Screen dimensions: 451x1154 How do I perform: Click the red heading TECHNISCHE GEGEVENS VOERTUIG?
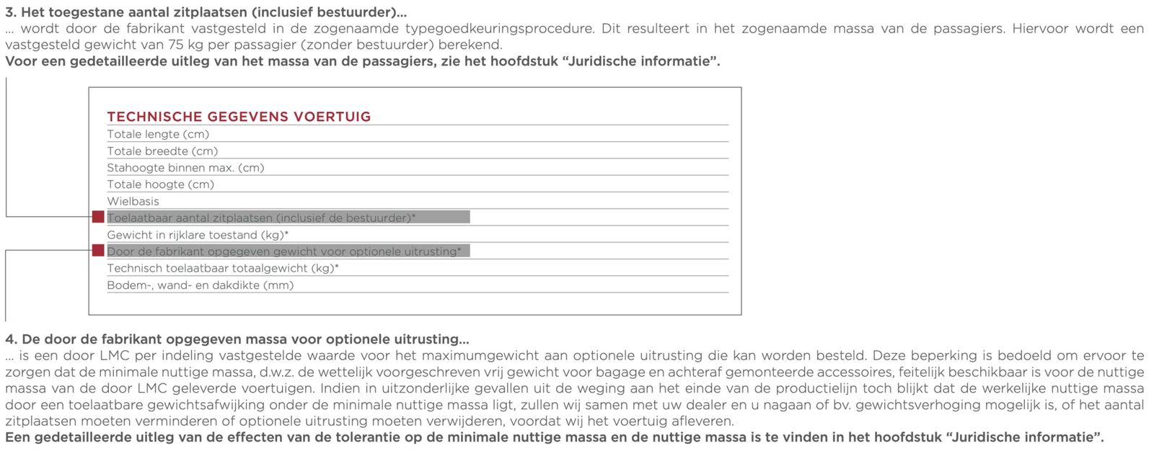pyautogui.click(x=239, y=117)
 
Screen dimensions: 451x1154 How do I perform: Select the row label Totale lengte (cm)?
pyautogui.click(x=158, y=134)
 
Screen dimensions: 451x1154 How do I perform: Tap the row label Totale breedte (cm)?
pyautogui.click(x=162, y=151)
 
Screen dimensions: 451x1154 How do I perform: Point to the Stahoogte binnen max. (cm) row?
pyautogui.click(x=185, y=168)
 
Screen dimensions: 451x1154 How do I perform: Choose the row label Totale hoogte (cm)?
pyautogui.click(x=161, y=184)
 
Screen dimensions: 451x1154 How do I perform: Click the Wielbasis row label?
pyautogui.click(x=133, y=202)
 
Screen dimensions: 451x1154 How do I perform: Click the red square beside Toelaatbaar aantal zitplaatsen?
pyautogui.click(x=98, y=217)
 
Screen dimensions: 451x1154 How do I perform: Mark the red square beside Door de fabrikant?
pyautogui.click(x=98, y=251)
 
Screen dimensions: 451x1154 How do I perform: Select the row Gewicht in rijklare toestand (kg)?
pyautogui.click(x=198, y=235)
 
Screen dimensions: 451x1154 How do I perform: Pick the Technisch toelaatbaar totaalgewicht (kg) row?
pyautogui.click(x=223, y=268)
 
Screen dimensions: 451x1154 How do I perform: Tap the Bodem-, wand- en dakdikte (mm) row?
pyautogui.click(x=201, y=285)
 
